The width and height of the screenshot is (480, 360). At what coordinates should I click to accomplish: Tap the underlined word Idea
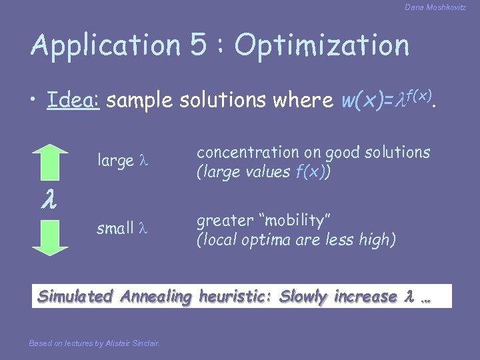pos(73,101)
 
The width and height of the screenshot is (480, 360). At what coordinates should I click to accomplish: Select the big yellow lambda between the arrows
pos(49,199)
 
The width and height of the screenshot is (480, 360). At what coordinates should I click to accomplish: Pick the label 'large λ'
pos(122,161)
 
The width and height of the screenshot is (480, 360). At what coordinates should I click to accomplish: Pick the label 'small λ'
pos(121,229)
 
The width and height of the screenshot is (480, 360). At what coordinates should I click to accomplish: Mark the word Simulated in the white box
pos(77,297)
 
